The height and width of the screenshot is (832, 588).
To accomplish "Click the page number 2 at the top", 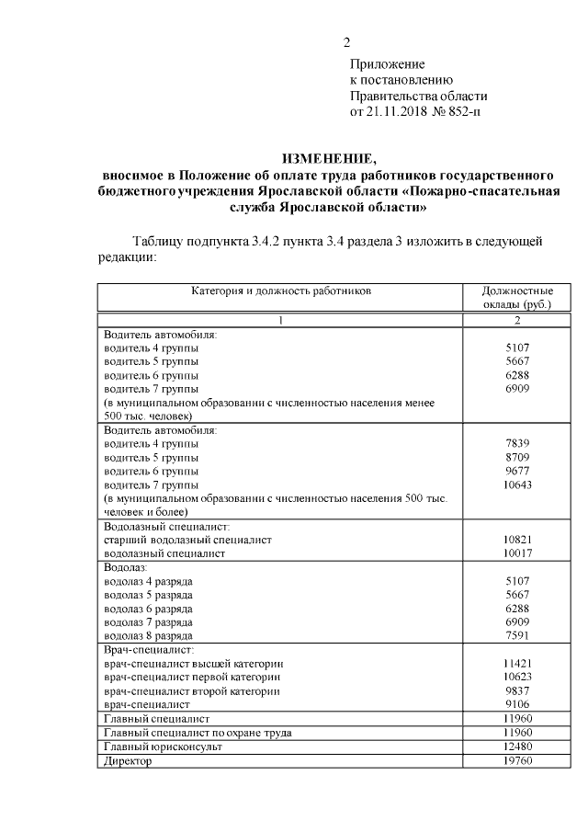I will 346,43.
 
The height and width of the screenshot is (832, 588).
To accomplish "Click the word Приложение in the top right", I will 387,64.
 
